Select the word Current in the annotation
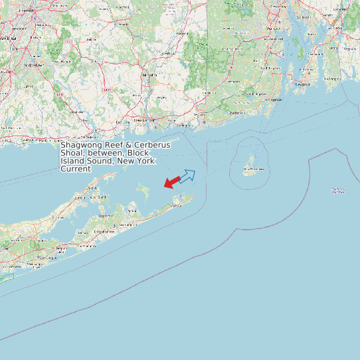(75, 169)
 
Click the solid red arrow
(172, 181)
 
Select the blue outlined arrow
(189, 175)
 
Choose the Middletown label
(35, 66)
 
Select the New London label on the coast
(145, 120)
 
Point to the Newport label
(303, 85)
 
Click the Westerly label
(236, 114)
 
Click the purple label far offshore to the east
(338, 191)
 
